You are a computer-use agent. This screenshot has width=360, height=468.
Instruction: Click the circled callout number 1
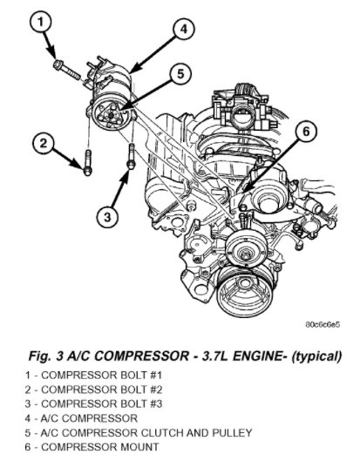41,22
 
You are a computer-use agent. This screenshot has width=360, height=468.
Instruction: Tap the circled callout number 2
44,143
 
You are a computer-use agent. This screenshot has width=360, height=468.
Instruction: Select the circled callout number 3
107,217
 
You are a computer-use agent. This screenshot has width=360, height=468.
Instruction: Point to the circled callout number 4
184,30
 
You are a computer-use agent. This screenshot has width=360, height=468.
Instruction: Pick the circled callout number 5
180,73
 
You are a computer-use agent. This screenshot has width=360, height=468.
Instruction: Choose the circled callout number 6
306,132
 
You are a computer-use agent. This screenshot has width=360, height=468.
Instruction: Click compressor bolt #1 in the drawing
67,70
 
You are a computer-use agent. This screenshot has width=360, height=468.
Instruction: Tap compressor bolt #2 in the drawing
87,162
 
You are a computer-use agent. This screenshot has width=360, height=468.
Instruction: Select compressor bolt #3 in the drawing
132,156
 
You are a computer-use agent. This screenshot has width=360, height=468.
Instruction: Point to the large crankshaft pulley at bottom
245,292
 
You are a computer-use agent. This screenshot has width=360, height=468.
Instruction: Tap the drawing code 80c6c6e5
323,324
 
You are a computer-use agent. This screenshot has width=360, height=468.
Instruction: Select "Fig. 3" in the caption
44,356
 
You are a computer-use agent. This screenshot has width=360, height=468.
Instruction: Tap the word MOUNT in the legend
139,447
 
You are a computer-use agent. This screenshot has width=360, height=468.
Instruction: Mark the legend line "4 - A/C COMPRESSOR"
81,418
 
